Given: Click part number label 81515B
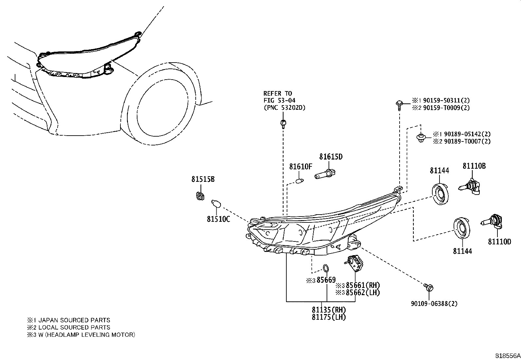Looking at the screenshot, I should click(x=203, y=180).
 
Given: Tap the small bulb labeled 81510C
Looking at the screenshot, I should click(x=217, y=204).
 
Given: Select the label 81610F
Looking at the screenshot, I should click(x=300, y=167).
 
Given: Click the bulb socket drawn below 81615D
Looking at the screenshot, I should click(x=326, y=174).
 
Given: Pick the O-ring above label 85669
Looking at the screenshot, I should click(x=326, y=268).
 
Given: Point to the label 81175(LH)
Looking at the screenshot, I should click(x=329, y=317).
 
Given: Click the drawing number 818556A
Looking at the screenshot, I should click(x=507, y=355).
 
